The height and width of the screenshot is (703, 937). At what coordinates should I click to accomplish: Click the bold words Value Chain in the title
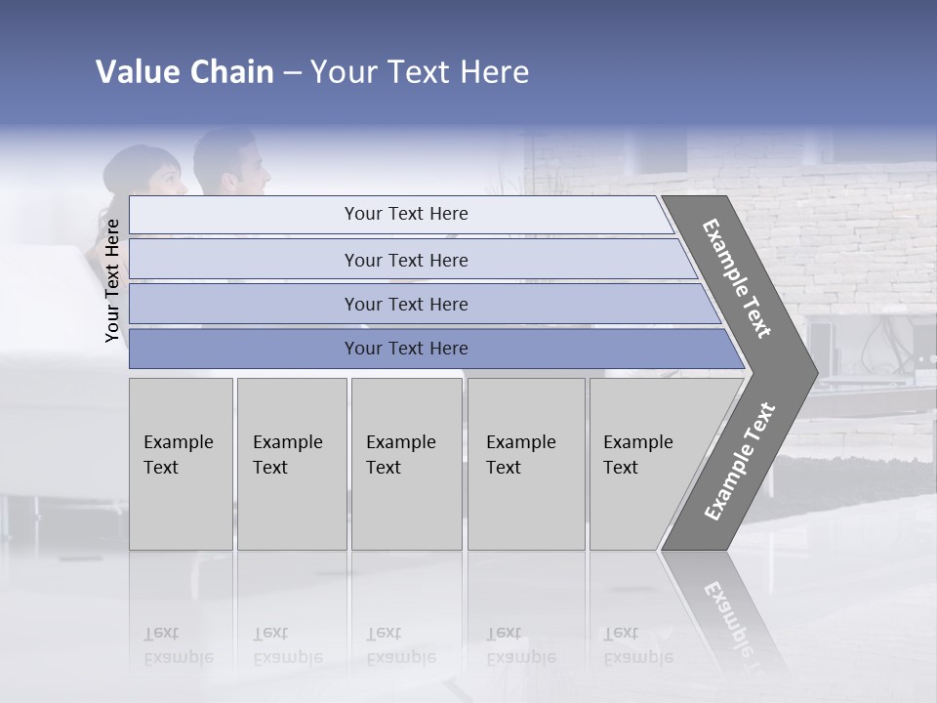(x=184, y=72)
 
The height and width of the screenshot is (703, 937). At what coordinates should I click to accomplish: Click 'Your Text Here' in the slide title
(x=420, y=72)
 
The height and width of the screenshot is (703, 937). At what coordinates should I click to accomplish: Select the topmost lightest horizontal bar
(x=405, y=214)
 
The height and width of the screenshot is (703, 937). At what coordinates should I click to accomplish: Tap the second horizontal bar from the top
(x=405, y=260)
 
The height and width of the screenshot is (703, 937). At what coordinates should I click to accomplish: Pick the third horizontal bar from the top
(x=405, y=304)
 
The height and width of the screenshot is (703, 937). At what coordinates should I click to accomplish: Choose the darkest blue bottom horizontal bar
(x=405, y=349)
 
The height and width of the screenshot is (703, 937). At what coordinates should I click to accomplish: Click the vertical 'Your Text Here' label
(x=113, y=281)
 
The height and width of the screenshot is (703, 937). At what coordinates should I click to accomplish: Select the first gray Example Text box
(x=181, y=463)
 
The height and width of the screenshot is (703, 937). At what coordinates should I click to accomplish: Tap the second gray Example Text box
(x=291, y=463)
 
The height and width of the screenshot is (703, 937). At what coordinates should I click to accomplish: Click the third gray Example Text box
(x=406, y=463)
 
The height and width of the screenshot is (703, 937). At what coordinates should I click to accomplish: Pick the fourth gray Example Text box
(x=525, y=463)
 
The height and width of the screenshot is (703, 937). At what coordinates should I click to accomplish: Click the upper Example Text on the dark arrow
(x=737, y=278)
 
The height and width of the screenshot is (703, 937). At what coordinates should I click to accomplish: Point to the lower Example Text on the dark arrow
(x=740, y=461)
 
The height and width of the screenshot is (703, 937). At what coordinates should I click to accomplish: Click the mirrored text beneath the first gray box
(x=178, y=645)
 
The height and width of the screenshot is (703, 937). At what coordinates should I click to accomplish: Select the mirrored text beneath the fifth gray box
(x=637, y=645)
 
